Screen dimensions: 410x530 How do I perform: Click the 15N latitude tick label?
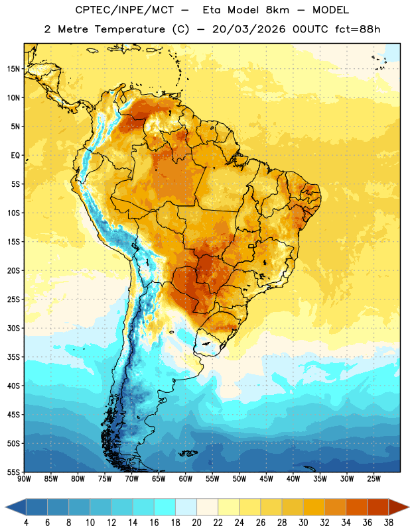pos(13,69)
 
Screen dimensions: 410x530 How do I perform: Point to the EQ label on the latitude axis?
pos(15,156)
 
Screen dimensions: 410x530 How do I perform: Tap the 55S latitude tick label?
pos(13,472)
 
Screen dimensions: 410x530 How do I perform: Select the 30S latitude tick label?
pos(13,328)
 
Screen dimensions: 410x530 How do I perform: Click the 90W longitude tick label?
pos(24,479)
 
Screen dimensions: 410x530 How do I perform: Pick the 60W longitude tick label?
pos(185,479)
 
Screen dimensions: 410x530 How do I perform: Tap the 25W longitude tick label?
pos(374,479)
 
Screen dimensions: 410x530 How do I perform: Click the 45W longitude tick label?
pos(266,479)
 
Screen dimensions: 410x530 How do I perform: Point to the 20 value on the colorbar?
pos(196,523)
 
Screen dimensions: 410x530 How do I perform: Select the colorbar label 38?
pos(389,523)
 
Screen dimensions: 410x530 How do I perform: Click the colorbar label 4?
pos(26,523)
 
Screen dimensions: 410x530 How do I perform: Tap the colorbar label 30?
pos(303,523)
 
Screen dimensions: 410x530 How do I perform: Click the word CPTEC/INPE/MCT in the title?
pos(124,10)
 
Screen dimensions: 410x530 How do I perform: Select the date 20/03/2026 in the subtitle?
pos(249,29)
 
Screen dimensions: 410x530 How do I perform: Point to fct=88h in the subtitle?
pos(358,29)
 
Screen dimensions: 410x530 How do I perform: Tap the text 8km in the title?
pos(277,10)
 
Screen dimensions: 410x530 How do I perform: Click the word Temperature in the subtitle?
pos(129,29)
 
